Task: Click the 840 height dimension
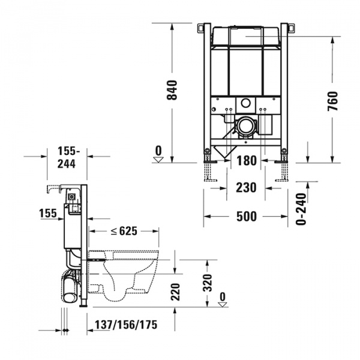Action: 172,89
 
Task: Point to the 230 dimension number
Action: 246,188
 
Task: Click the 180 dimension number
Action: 246,160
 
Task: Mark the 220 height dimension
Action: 175,292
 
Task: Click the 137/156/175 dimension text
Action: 126,325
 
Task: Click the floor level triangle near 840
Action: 158,159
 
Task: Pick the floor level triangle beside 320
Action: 223,304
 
